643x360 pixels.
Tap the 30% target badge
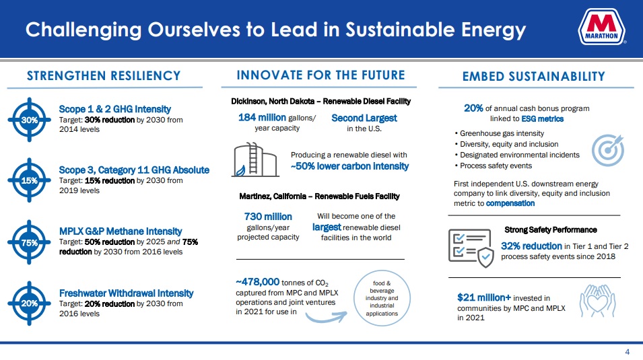[29, 119]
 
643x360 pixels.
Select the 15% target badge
[29, 180]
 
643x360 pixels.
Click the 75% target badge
[29, 242]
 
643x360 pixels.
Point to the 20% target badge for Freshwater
[29, 303]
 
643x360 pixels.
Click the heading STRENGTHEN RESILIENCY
[104, 75]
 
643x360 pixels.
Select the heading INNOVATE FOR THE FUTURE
[320, 75]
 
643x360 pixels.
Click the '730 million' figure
[268, 217]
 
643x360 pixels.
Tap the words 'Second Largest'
[364, 118]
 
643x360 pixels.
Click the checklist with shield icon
[471, 244]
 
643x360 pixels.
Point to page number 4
[628, 353]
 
